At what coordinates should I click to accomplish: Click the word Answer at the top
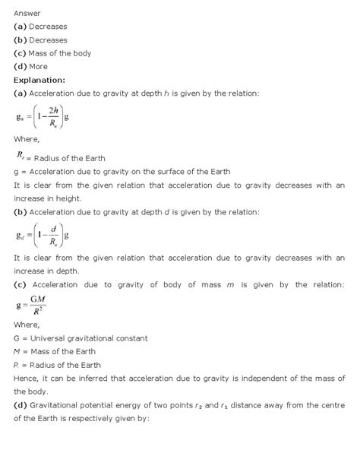[27, 13]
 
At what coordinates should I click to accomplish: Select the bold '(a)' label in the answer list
[21, 27]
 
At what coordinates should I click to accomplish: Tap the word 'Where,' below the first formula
[27, 140]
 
